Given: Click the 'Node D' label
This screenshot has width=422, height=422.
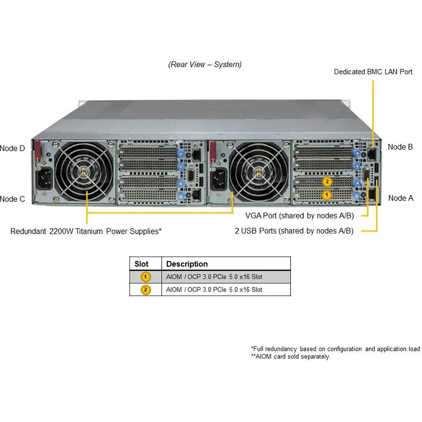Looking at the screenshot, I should (13, 148).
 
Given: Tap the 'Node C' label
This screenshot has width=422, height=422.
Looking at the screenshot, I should (13, 199).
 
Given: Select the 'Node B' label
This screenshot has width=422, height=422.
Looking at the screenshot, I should (400, 147).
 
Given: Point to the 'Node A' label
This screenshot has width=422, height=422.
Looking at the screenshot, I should (400, 198).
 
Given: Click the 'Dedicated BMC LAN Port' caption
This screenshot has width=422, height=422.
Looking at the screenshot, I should (373, 71).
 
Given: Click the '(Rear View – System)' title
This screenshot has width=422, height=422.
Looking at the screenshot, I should (205, 64).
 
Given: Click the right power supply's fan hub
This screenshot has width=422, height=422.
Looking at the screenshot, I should (257, 170).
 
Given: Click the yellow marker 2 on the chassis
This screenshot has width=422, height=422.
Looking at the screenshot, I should (327, 182).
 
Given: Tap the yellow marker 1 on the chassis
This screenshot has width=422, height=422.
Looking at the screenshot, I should (327, 195).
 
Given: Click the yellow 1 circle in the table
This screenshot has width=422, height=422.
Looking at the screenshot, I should (146, 277).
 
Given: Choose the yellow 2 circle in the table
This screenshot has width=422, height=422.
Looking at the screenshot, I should (146, 290).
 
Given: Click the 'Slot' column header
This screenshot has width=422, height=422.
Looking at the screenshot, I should (142, 264).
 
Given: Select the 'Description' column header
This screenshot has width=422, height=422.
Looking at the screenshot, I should (187, 264).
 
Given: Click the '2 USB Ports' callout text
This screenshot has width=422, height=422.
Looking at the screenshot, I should (294, 231).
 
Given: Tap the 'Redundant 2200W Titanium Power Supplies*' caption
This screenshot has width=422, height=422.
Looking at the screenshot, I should (86, 231).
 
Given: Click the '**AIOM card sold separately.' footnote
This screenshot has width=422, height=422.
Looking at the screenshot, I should (291, 357).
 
